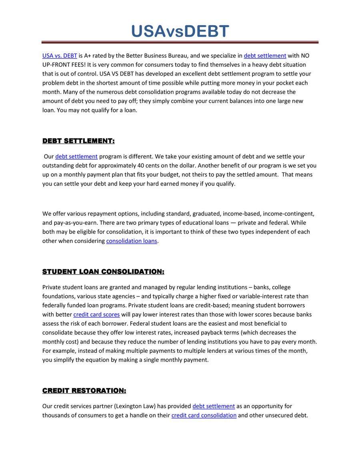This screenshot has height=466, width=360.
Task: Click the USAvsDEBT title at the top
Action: pos(180,31)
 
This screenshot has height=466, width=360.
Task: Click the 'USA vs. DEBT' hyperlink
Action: pos(60,56)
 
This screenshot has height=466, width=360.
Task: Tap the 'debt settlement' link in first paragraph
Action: pos(265,56)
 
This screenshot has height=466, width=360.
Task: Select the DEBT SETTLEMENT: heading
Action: pos(78,141)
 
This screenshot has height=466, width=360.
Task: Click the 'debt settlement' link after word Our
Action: pos(76,156)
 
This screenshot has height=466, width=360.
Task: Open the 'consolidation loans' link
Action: pos(132,241)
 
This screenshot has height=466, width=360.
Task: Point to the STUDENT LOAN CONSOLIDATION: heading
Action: pos(103,272)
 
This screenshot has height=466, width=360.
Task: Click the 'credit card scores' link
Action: pos(96,314)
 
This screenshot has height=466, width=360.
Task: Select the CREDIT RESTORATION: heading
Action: pos(84,390)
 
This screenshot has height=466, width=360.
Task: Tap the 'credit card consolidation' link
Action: pos(204,415)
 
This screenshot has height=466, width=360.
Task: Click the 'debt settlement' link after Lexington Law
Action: pos(214,406)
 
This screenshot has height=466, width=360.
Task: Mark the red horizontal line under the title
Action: pos(180,42)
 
